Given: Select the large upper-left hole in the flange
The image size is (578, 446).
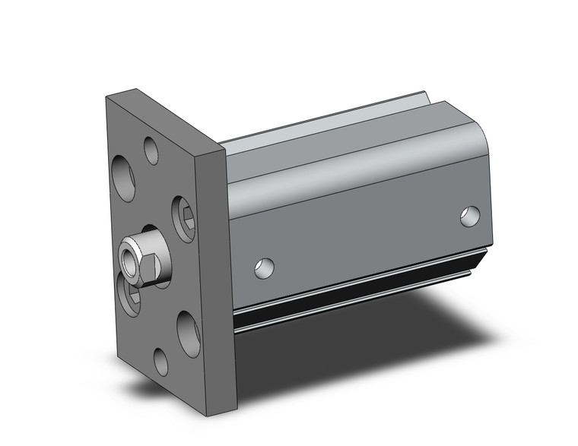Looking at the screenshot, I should (123, 178).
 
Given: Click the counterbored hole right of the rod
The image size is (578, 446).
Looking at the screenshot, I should (183, 215).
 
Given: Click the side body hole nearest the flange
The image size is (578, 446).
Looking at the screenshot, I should (264, 267).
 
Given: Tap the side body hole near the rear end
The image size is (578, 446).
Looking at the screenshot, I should (472, 216).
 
